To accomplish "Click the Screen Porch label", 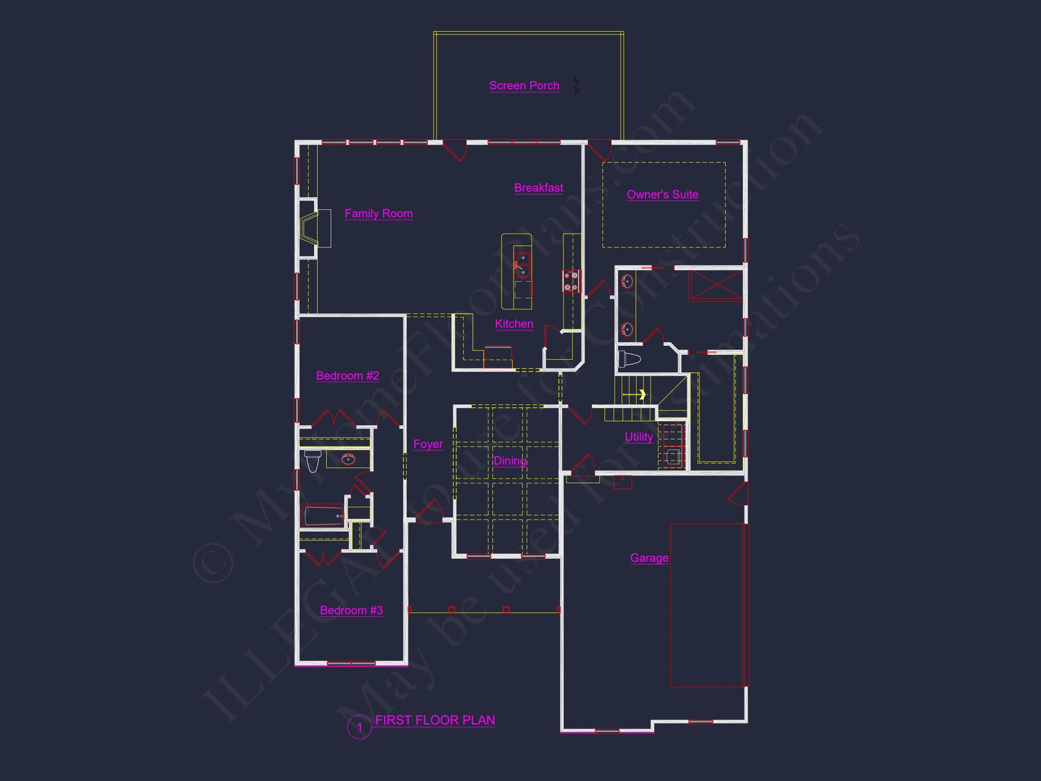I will (524, 86).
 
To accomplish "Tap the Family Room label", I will (378, 214).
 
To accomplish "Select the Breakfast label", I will (539, 188).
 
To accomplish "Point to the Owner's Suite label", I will (662, 194).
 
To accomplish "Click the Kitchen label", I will (514, 324).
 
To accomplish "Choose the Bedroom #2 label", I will (347, 376).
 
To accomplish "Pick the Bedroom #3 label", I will (351, 610).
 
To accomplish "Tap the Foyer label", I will (428, 444).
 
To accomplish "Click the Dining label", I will (509, 461).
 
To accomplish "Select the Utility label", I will (638, 437).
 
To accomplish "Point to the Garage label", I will (649, 558).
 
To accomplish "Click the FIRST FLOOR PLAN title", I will (435, 720).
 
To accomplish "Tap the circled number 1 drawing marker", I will (360, 727).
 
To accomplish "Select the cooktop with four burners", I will (571, 281).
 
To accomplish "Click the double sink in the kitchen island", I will (522, 264).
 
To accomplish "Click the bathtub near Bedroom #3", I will (324, 516).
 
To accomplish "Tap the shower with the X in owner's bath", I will (717, 284).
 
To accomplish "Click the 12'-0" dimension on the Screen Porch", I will (577, 86).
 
